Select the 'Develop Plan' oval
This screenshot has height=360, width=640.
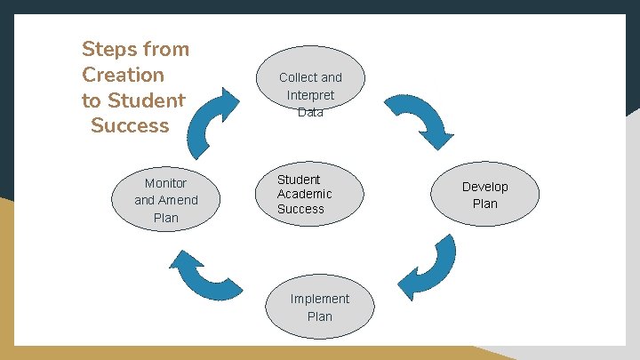(x=484, y=195)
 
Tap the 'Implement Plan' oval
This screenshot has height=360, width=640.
(x=319, y=308)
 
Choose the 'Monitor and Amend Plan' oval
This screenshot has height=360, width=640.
(x=166, y=200)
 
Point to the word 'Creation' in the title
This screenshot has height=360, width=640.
(x=123, y=75)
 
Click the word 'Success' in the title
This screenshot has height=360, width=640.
(x=130, y=125)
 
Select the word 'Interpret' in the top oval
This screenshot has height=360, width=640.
(x=310, y=95)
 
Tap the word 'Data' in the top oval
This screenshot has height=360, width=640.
(x=310, y=112)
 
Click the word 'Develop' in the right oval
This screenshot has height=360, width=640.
(x=484, y=187)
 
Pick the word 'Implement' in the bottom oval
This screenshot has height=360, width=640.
(x=319, y=299)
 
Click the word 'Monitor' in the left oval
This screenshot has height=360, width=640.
(x=166, y=183)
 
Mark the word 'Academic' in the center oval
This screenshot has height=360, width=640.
(x=304, y=194)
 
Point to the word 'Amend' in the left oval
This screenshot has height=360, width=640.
(x=179, y=200)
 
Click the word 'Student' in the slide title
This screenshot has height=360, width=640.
(x=145, y=100)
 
